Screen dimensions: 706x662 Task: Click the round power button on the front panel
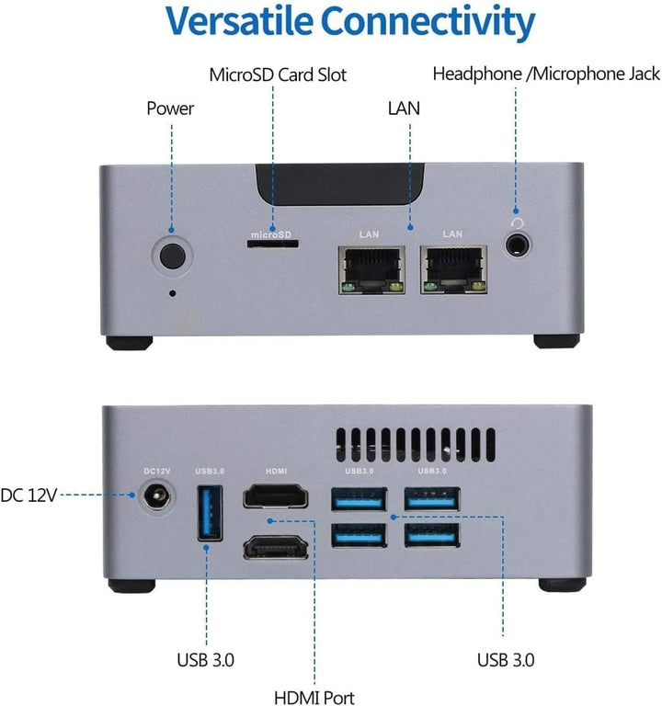(x=172, y=255)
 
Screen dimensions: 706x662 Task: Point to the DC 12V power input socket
(x=155, y=499)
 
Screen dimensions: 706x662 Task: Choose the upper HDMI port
(x=276, y=498)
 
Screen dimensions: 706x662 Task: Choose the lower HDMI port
(x=276, y=548)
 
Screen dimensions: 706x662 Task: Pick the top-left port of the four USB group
(x=359, y=499)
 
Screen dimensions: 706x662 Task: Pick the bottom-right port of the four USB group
(x=432, y=537)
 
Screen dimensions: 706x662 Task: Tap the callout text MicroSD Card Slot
(x=278, y=74)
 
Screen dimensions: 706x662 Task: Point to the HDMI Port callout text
(x=315, y=698)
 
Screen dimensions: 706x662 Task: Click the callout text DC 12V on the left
(x=30, y=495)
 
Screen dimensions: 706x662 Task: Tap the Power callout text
(x=171, y=108)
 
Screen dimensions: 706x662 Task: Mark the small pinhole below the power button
(x=174, y=294)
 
